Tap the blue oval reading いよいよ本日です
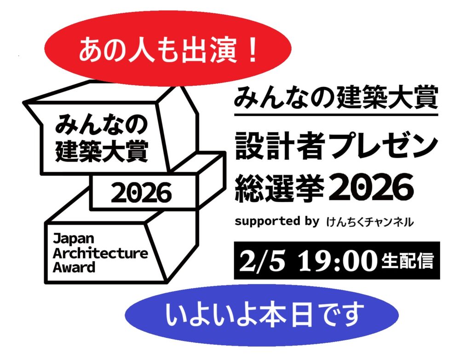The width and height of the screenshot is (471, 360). [x=262, y=315]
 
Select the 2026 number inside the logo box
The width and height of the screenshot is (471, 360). [x=142, y=192]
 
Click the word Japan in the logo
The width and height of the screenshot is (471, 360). [x=74, y=239]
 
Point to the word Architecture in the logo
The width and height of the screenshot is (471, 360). [x=100, y=253]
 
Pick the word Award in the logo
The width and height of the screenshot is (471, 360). [x=74, y=267]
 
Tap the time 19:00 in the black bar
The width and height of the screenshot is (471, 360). [x=338, y=261]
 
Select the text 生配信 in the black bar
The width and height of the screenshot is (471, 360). [x=408, y=261]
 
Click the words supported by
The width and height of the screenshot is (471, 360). [x=276, y=221]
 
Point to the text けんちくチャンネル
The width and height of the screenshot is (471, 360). [x=369, y=222]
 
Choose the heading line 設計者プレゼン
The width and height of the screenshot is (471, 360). [x=336, y=146]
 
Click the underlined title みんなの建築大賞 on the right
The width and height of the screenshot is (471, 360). [x=335, y=98]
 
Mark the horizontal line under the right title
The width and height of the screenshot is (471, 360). [x=336, y=115]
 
